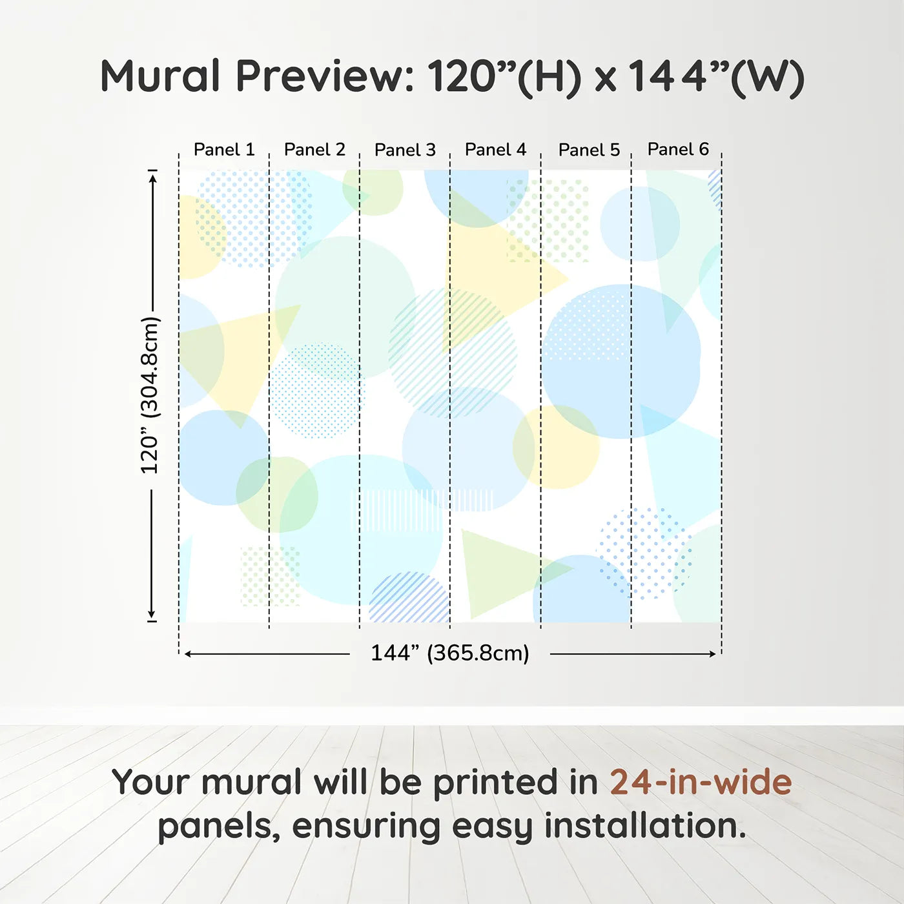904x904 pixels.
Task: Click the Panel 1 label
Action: (x=224, y=150)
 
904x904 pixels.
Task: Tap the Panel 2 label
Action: (x=314, y=150)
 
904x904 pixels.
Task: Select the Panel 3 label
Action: (x=405, y=150)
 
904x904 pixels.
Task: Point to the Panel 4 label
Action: (x=495, y=150)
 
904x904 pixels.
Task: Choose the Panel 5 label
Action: (x=589, y=150)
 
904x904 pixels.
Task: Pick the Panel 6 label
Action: (x=678, y=149)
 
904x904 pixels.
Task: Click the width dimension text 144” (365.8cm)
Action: (x=449, y=653)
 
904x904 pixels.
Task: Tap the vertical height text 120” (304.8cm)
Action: (x=150, y=395)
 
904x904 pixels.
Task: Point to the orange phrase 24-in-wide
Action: (x=701, y=782)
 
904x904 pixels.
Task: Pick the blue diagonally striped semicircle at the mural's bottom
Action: (x=409, y=599)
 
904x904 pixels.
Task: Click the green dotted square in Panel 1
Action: (x=270, y=576)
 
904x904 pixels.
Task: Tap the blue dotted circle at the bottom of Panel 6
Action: (x=644, y=553)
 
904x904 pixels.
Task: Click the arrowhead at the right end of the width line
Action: (x=713, y=654)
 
